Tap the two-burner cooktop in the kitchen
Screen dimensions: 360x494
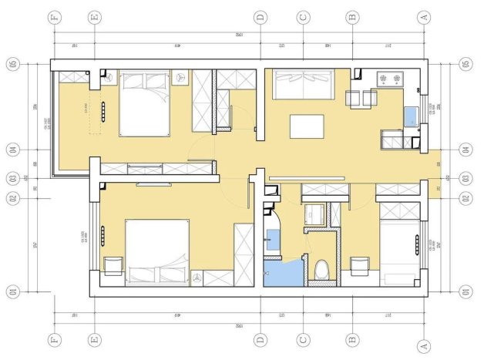pyautogui.click(x=389, y=79)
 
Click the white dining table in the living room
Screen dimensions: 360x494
pyautogui.click(x=307, y=126)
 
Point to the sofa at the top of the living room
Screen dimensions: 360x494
pyautogui.click(x=302, y=84)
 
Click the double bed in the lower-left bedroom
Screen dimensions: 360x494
pyautogui.click(x=157, y=251)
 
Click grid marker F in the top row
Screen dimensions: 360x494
pyautogui.click(x=54, y=16)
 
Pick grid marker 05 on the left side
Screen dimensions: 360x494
pyautogui.click(x=13, y=64)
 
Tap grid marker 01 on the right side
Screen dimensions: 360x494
pyautogui.click(x=464, y=291)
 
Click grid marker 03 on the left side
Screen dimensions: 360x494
pyautogui.click(x=13, y=178)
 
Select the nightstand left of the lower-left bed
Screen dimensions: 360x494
pyautogui.click(x=113, y=266)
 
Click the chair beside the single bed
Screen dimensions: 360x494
pyautogui.click(x=359, y=266)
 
